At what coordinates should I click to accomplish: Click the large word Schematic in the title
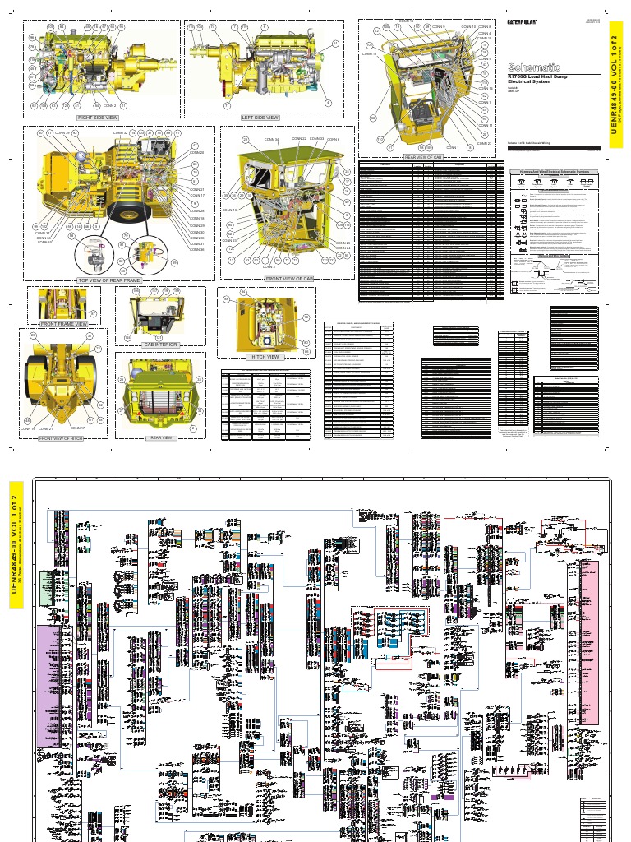(534, 67)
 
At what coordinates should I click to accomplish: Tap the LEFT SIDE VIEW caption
(260, 118)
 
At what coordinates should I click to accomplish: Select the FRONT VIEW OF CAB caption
(289, 279)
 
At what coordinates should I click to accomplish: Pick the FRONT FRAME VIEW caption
(63, 325)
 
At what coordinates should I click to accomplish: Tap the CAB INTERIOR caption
(161, 345)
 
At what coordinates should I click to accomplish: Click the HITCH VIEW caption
(264, 357)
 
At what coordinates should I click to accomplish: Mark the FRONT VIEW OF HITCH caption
(64, 438)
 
